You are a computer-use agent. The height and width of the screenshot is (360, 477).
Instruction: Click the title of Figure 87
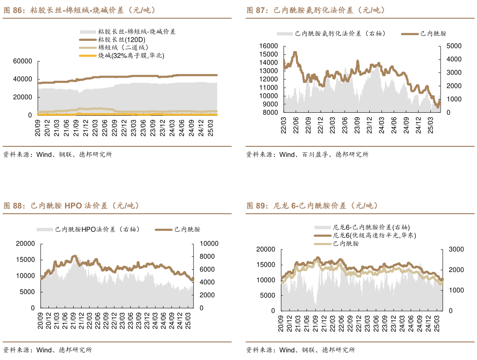pos(315,10)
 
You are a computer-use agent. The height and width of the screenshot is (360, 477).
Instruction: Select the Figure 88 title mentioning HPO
pos(72,206)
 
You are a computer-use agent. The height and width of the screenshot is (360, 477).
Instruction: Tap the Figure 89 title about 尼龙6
pos(312,206)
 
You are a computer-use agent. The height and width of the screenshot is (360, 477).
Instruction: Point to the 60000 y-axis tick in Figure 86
pos(23,61)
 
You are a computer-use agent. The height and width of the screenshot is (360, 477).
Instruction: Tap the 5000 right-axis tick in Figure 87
pos(453,46)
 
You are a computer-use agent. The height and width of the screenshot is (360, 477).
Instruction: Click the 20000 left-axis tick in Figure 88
pos(25,244)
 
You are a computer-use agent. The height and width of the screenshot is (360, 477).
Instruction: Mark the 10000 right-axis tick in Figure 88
pos(209,244)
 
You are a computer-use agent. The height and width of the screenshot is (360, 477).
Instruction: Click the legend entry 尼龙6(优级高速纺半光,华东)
pos(374,235)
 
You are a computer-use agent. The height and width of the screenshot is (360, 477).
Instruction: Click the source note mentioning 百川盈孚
pos(307,154)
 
